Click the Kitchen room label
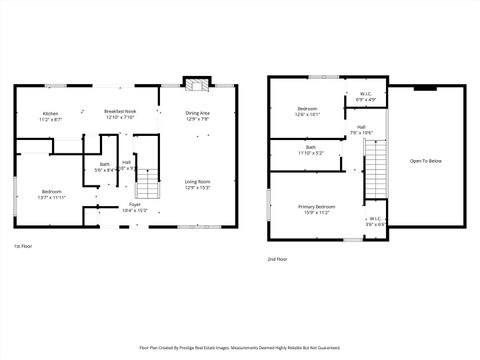click(x=49, y=116)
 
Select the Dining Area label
click(x=197, y=116)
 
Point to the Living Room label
click(x=197, y=184)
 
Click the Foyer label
click(x=134, y=207)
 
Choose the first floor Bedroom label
click(x=52, y=194)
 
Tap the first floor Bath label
click(x=104, y=167)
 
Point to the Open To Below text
click(x=425, y=160)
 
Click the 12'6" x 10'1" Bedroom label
click(x=307, y=111)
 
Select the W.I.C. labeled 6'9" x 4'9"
click(x=367, y=97)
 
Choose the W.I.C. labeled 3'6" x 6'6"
click(x=374, y=221)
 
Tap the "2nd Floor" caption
click(x=277, y=259)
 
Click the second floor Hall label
click(x=361, y=129)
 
